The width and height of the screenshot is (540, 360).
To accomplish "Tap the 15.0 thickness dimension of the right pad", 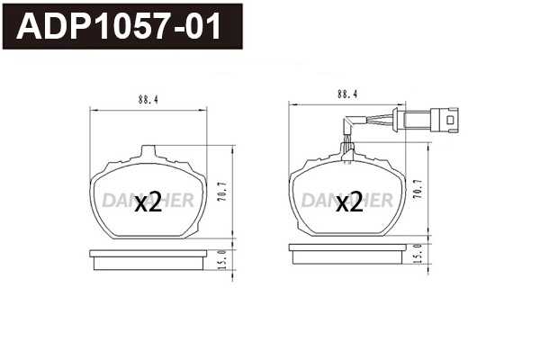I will click(417, 260).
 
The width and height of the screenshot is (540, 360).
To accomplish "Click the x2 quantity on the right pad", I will click(348, 203).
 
